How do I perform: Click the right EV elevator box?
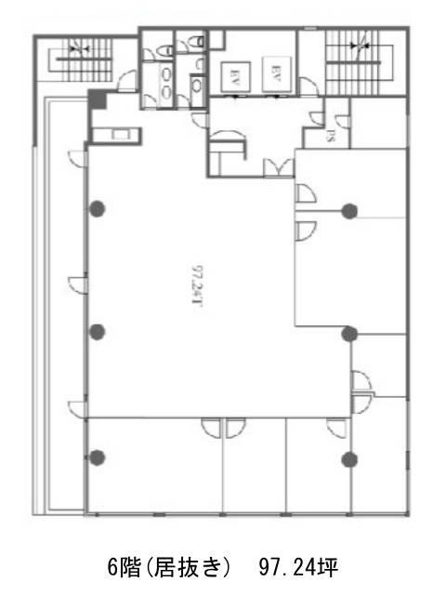click(274, 71)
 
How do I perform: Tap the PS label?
click(331, 136)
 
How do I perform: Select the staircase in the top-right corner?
click(357, 58)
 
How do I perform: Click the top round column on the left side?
click(97, 209)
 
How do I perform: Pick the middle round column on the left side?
click(97, 332)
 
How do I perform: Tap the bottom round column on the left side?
click(97, 456)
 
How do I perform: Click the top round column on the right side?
click(349, 210)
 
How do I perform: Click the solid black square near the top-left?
click(97, 99)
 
